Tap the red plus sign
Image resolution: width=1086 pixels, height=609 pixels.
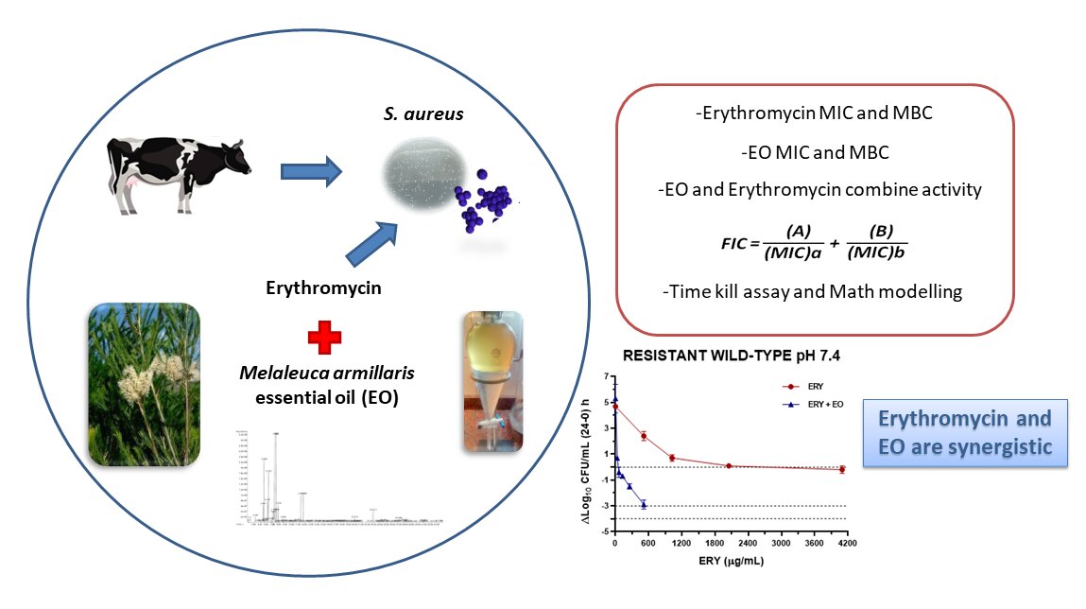[x=324, y=336]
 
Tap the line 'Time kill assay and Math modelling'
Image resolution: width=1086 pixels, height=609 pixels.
[x=814, y=291]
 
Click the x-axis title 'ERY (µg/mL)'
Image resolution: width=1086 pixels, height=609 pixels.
[x=727, y=561]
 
